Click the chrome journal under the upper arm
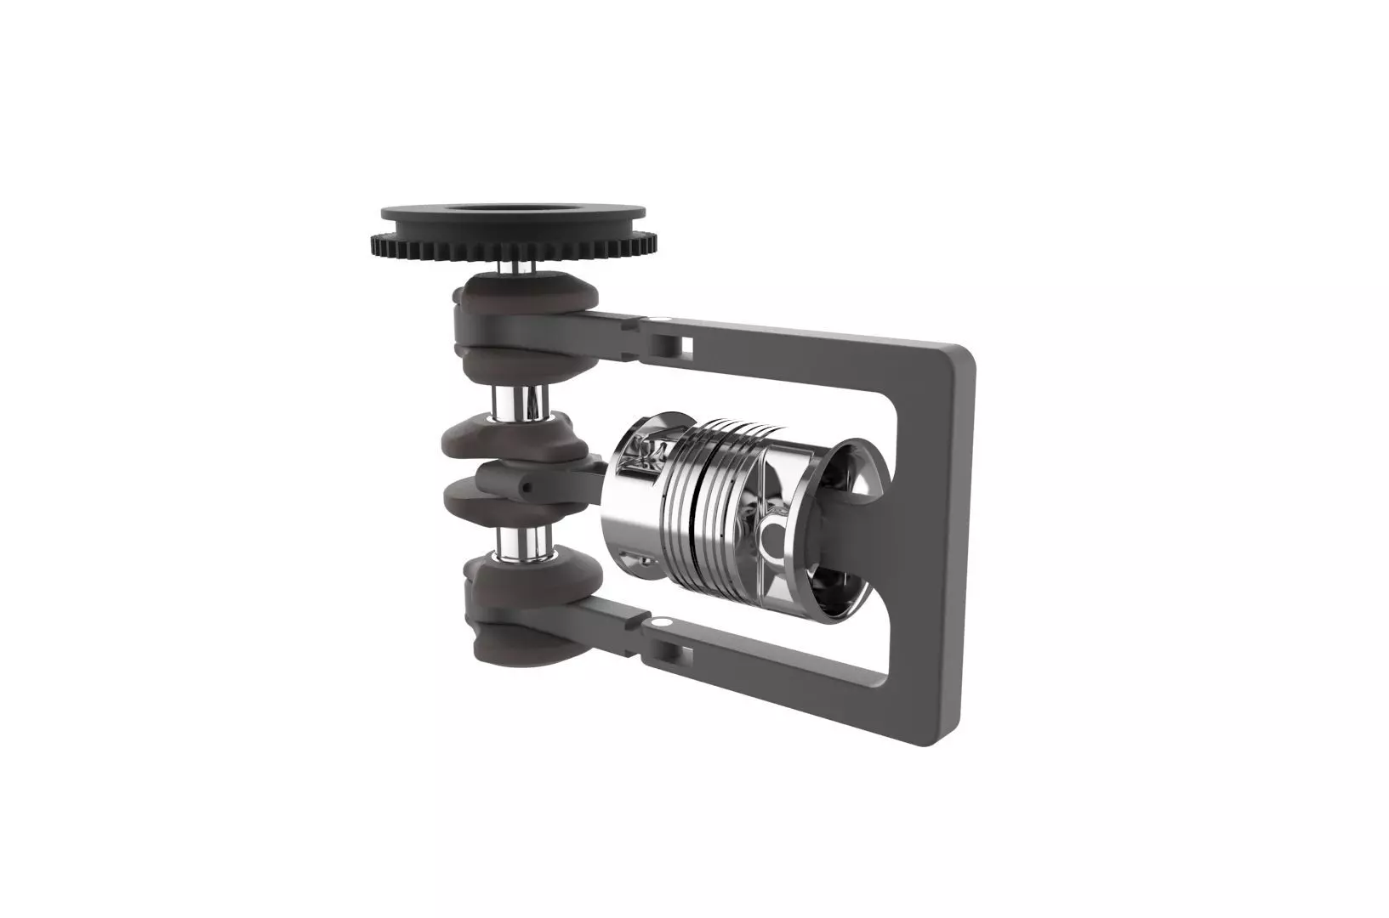tap(522, 401)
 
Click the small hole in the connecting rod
tap(527, 487)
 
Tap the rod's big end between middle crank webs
tap(510, 476)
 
